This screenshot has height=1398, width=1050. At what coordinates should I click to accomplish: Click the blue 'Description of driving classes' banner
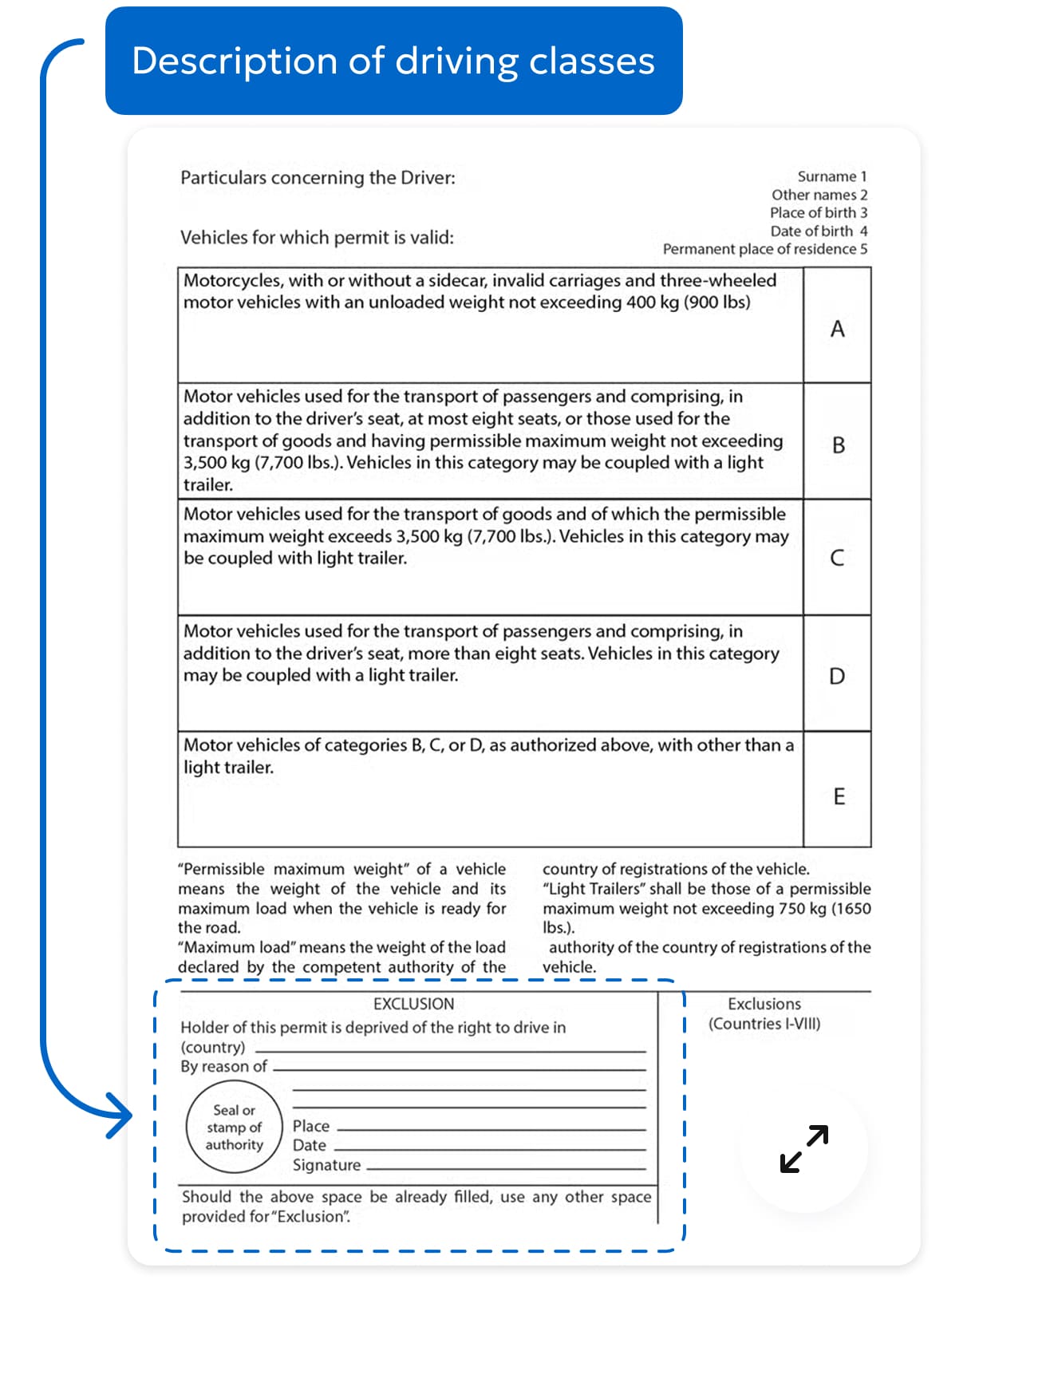[x=393, y=61]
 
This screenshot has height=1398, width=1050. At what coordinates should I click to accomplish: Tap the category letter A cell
[x=837, y=328]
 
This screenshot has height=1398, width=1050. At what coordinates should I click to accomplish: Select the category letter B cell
[x=838, y=444]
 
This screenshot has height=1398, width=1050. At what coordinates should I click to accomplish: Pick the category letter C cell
[x=837, y=558]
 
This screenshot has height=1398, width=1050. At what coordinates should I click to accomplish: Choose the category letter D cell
[x=837, y=676]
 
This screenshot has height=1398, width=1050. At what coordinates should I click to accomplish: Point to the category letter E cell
[x=838, y=796]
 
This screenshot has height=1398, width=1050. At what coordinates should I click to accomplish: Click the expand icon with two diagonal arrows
[x=803, y=1148]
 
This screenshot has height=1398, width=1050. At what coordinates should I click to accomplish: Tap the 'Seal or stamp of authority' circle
[x=234, y=1127]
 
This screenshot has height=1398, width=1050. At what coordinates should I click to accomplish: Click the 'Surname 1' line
[x=831, y=176]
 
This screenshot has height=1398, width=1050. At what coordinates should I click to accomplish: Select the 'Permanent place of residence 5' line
[x=764, y=249]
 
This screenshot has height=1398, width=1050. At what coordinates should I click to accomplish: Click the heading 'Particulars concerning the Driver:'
[x=318, y=177]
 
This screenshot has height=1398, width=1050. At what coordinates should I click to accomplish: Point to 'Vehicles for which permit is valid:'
[x=317, y=237]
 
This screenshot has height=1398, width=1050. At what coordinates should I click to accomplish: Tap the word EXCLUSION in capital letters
[x=413, y=1004]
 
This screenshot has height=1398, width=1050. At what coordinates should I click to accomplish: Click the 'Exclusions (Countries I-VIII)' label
[x=764, y=1013]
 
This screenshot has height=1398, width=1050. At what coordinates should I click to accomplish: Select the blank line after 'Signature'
[x=505, y=1167]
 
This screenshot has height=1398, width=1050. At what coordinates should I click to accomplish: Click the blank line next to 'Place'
[x=491, y=1129]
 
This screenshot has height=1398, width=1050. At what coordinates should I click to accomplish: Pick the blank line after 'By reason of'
[x=459, y=1068]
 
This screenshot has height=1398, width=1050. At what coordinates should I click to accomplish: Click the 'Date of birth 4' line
[x=819, y=231]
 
